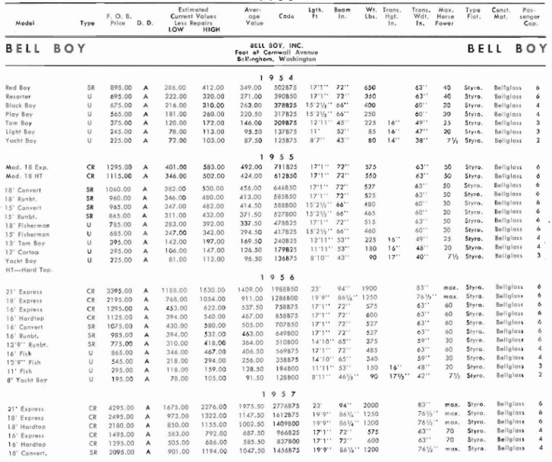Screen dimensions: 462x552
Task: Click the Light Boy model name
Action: tap(19, 131)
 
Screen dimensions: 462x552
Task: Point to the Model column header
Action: tap(23, 24)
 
